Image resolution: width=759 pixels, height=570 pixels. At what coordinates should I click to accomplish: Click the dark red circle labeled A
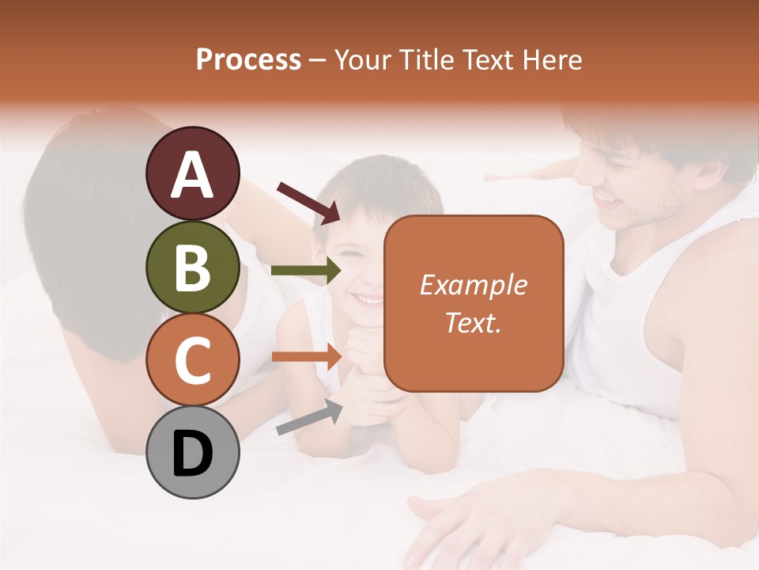193,174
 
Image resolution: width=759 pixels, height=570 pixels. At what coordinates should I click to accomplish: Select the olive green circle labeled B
193,268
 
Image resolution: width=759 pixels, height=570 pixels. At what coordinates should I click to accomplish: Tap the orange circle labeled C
193,360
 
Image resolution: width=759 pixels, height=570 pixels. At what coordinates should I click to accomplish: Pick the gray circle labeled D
193,453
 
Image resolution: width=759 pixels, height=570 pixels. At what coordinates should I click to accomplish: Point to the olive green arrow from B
305,271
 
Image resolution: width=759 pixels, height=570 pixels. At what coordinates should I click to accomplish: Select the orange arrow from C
305,356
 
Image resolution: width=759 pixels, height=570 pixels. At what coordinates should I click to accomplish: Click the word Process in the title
248,59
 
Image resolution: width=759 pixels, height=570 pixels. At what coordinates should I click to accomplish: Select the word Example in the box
474,285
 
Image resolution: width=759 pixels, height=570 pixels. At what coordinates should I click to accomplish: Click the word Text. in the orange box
474,322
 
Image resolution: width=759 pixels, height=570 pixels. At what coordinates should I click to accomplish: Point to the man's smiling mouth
610,199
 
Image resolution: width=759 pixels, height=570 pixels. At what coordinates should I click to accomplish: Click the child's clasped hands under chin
372,372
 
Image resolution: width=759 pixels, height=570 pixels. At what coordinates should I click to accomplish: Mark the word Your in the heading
361,59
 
